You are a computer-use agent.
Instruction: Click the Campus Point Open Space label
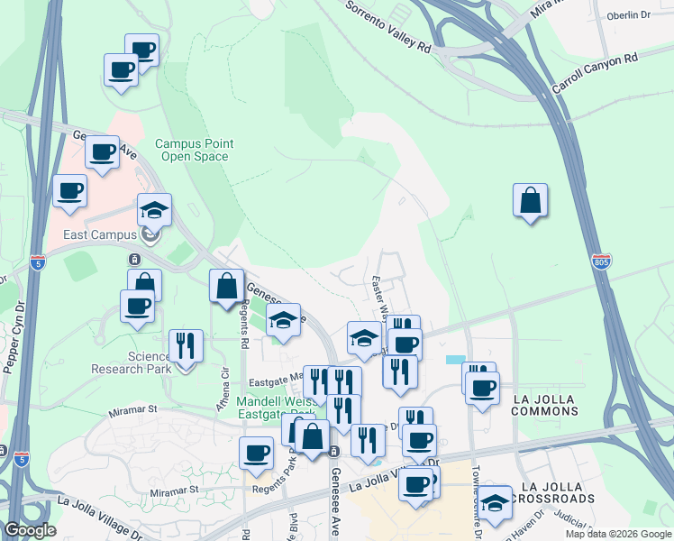pyautogui.click(x=194, y=150)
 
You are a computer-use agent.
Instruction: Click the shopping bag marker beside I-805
pyautogui.click(x=530, y=200)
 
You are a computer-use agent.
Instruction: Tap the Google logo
pyautogui.click(x=30, y=530)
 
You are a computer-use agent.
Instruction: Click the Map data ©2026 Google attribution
pyautogui.click(x=617, y=534)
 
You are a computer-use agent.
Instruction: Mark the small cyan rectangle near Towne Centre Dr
pyautogui.click(x=457, y=359)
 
